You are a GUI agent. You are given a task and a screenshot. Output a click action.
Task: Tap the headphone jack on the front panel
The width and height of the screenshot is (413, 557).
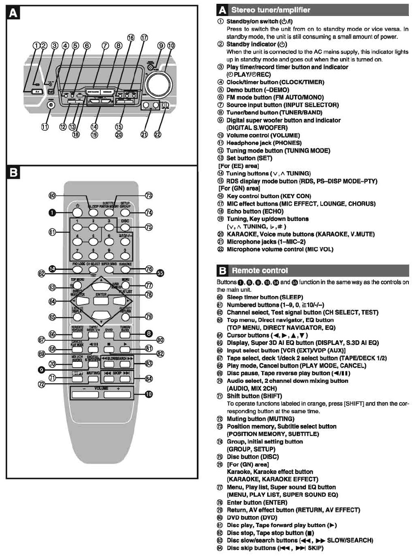[51, 105]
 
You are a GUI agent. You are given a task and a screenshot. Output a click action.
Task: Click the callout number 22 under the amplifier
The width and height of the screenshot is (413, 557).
[157, 135]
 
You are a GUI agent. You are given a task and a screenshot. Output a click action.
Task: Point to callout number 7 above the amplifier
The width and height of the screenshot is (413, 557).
[105, 46]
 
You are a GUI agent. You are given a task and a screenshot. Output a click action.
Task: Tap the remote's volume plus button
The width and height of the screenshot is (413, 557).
[117, 395]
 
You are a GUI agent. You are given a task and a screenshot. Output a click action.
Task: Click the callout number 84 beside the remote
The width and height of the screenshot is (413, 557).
[149, 378]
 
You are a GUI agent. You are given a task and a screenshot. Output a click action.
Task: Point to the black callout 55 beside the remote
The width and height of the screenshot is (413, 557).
[160, 273]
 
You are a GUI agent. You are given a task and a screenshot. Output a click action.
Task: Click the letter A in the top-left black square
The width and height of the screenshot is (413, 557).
[13, 13]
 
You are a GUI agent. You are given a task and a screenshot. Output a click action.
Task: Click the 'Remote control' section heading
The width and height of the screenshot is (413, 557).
[260, 270]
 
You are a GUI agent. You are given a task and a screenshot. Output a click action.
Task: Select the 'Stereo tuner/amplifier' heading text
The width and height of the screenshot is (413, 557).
[271, 10]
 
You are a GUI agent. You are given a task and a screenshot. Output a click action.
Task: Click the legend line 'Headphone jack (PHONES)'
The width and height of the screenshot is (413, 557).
[264, 143]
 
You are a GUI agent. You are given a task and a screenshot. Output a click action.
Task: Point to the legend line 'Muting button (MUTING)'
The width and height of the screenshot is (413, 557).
[260, 419]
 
